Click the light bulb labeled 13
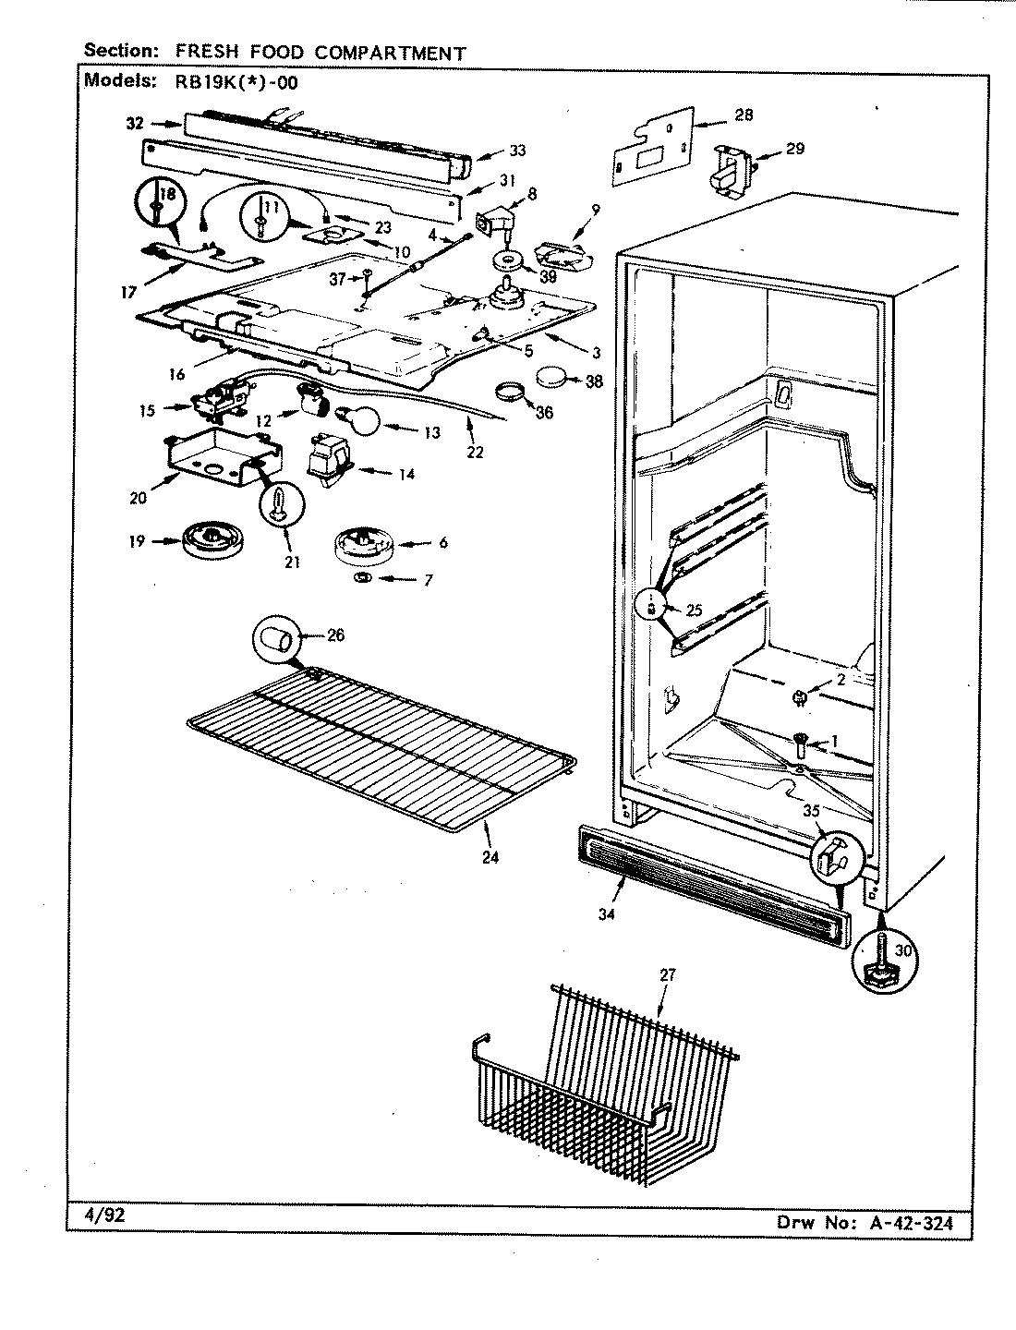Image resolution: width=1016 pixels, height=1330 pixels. point(361,420)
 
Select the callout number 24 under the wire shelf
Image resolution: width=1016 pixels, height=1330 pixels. point(490,857)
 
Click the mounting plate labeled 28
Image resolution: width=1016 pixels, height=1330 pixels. point(656,145)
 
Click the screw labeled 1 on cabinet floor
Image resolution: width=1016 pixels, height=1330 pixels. point(800,741)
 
